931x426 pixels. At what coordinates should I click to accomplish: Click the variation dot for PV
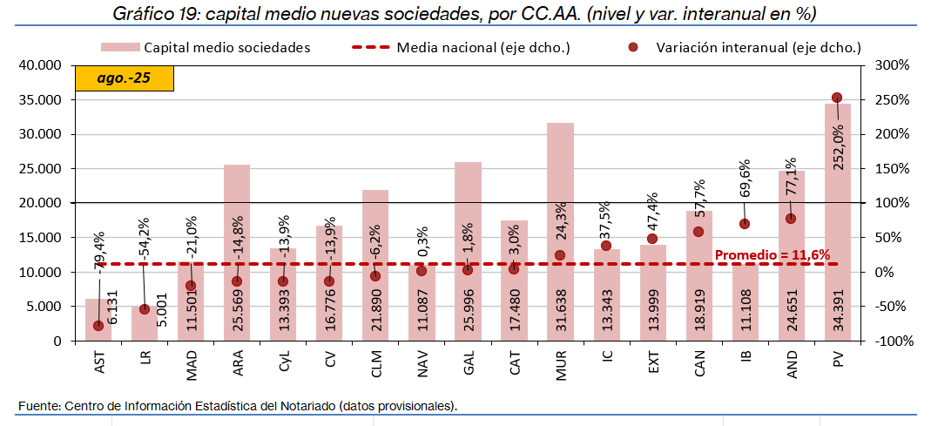(x=837, y=98)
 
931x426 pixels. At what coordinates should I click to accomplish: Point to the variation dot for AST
(x=98, y=326)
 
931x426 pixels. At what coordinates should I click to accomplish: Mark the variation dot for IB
(x=745, y=224)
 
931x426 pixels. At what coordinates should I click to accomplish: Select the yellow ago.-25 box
(x=125, y=78)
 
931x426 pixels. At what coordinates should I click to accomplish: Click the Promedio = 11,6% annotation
(x=772, y=255)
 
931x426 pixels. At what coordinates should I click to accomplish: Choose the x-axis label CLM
(x=376, y=361)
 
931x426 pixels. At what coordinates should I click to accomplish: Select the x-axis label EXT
(x=653, y=360)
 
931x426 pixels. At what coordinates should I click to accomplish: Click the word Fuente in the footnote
(x=37, y=406)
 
